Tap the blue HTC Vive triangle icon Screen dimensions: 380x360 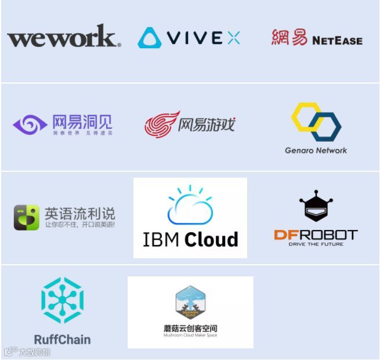point(150,38)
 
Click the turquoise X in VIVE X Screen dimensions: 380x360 point(233,38)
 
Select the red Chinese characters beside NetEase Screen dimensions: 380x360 point(289,38)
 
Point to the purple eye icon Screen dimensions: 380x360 point(30,124)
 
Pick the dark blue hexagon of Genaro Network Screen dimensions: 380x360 point(326,126)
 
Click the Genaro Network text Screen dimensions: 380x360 point(316,150)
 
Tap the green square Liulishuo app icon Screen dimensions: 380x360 point(27,217)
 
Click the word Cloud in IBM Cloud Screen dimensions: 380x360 point(215,239)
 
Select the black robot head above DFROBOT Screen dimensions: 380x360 point(316,207)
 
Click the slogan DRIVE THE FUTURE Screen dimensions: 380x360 point(316,244)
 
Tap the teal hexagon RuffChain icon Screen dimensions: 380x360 point(62,300)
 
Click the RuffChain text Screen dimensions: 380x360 point(62,339)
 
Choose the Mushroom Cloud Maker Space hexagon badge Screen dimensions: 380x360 point(190,303)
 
